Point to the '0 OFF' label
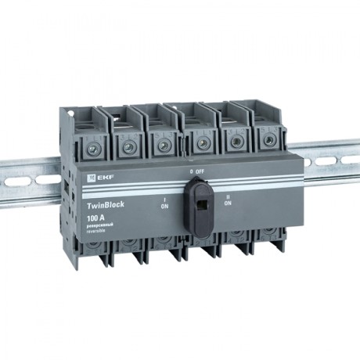196,171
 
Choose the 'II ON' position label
228,200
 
